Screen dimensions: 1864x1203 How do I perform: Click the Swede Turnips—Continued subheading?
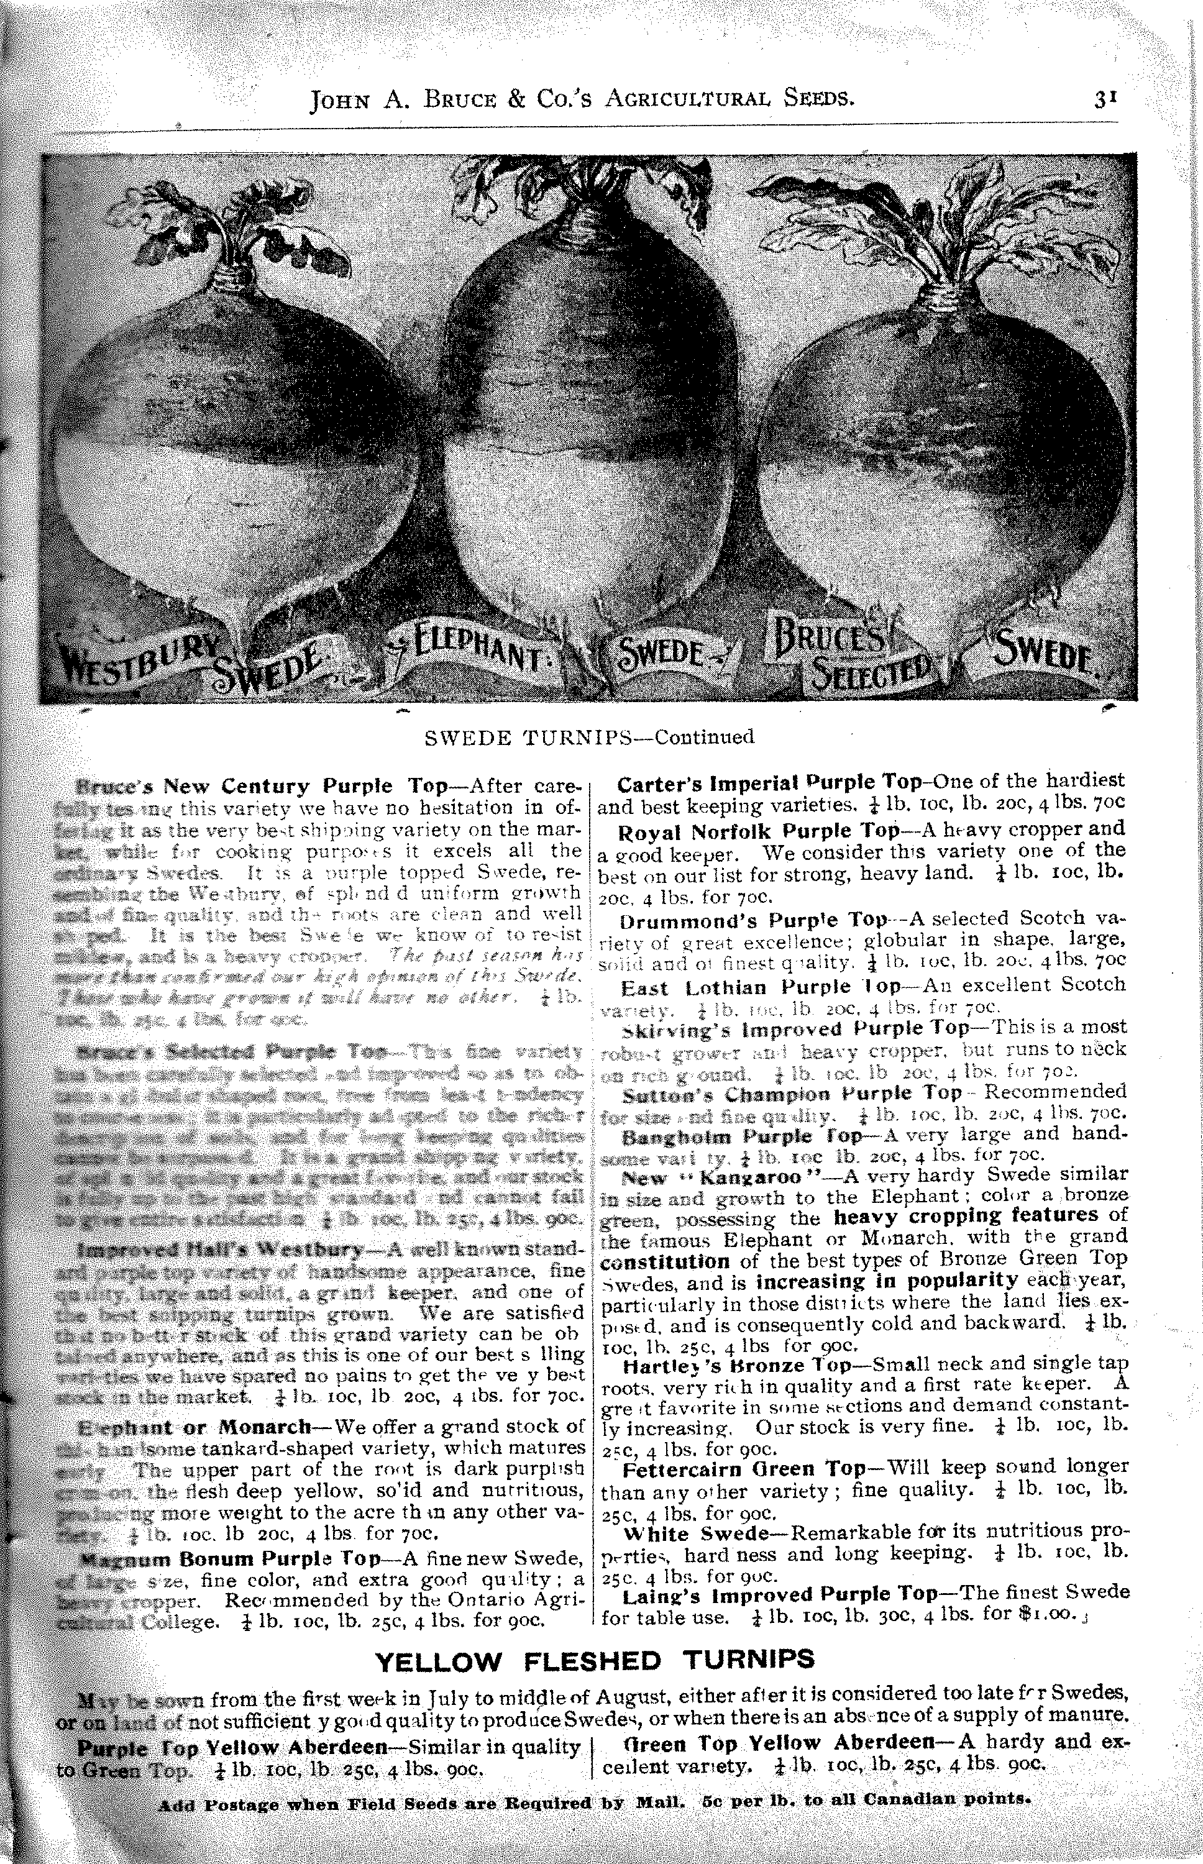pyautogui.click(x=589, y=737)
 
